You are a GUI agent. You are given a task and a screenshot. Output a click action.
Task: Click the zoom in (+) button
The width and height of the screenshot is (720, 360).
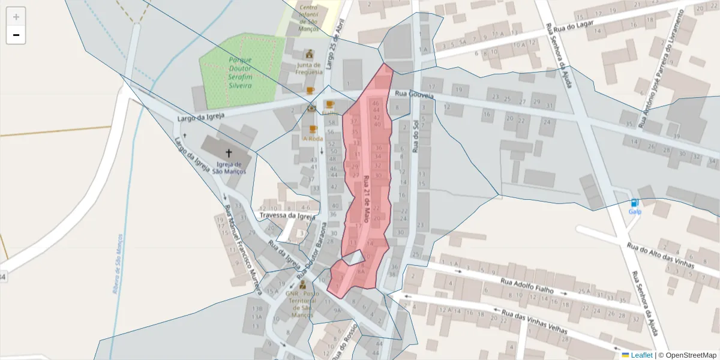point(16,17)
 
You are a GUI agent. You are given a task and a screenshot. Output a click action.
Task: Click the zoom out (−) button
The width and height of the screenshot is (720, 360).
point(16,35)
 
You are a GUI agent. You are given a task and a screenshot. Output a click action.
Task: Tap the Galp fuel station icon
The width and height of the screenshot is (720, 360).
point(635,203)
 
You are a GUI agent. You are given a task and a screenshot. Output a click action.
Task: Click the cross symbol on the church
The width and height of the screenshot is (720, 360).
point(228,153)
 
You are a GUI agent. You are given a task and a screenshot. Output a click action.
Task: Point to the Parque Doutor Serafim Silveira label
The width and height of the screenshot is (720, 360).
point(240,73)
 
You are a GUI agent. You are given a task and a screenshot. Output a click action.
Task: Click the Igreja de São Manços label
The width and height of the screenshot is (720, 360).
point(229,168)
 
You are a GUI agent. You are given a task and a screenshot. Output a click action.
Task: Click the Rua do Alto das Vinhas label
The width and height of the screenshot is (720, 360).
point(660,255)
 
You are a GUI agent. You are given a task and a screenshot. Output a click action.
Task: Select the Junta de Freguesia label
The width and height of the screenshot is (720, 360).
point(309,68)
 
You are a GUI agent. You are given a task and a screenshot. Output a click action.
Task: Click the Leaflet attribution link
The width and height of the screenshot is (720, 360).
point(641,355)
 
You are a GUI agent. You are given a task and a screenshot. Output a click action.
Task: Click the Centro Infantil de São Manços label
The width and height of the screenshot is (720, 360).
point(312,17)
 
